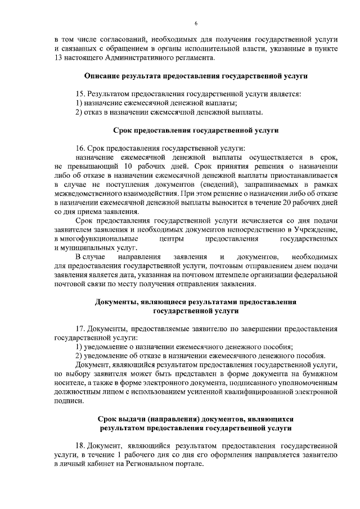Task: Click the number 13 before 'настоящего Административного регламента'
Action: (x=58, y=58)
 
